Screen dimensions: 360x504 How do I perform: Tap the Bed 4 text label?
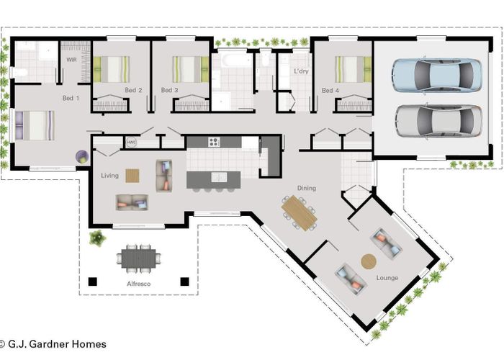click(330, 91)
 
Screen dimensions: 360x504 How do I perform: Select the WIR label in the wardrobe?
click(72, 60)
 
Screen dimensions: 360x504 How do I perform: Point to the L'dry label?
click(302, 71)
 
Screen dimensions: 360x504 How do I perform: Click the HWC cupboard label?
click(131, 143)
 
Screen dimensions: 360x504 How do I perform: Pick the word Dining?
click(307, 189)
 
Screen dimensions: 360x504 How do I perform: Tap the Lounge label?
click(387, 277)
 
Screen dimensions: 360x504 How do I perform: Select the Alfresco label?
click(137, 284)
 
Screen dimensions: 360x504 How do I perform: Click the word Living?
click(109, 176)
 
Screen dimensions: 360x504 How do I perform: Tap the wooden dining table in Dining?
click(299, 212)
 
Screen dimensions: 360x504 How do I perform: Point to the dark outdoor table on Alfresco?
click(137, 256)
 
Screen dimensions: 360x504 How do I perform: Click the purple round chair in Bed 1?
click(82, 155)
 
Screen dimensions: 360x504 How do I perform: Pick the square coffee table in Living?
click(132, 175)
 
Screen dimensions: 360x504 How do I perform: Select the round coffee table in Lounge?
click(368, 261)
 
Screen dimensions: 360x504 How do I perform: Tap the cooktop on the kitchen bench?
click(214, 142)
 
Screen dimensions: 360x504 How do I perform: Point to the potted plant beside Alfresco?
click(96, 237)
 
